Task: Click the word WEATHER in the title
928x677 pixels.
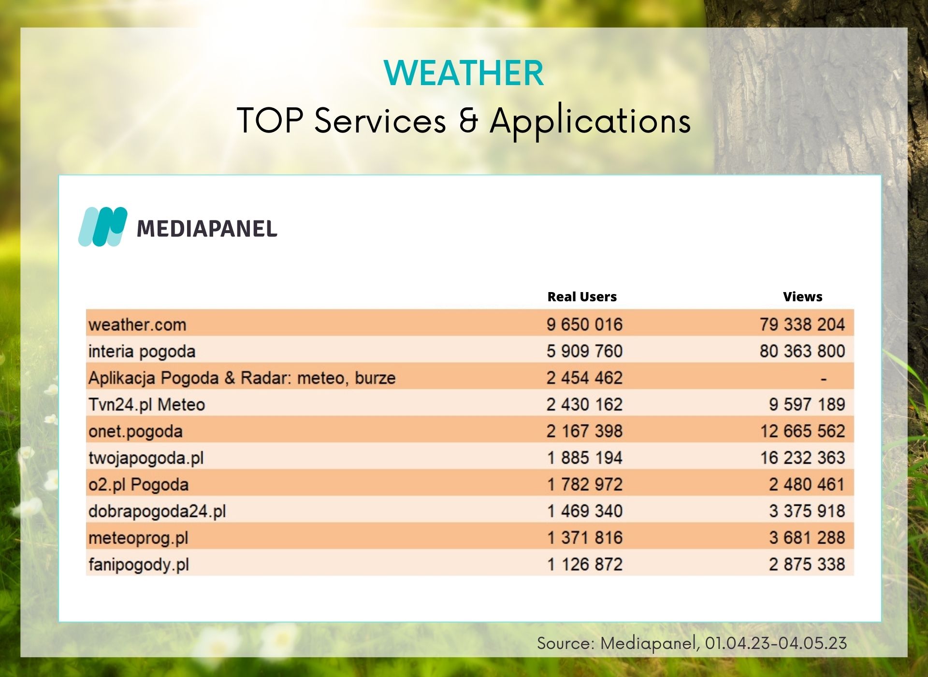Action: (464, 74)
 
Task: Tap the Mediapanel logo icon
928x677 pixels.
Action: (103, 227)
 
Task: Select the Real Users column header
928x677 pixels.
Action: (582, 297)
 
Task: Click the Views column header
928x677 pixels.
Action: (803, 297)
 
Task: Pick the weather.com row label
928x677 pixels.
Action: (137, 324)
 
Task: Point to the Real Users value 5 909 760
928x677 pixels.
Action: (584, 351)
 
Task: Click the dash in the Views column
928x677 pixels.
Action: (824, 379)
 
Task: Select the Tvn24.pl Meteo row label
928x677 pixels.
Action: (147, 404)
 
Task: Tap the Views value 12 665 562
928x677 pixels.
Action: (802, 431)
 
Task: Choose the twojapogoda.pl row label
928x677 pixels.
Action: (146, 458)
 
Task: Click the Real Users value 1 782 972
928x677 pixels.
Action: (584, 484)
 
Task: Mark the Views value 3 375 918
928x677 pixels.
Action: (807, 511)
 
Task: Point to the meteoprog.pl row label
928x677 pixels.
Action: (138, 538)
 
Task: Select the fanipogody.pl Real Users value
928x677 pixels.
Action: (584, 564)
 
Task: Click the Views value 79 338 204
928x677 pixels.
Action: (802, 324)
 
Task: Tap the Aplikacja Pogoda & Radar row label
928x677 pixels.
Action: (242, 378)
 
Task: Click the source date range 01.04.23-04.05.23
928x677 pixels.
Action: (776, 643)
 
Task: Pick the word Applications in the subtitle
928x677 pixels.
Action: (590, 121)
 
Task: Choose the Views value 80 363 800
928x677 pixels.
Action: (802, 351)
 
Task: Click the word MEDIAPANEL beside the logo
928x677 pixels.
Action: (207, 229)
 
